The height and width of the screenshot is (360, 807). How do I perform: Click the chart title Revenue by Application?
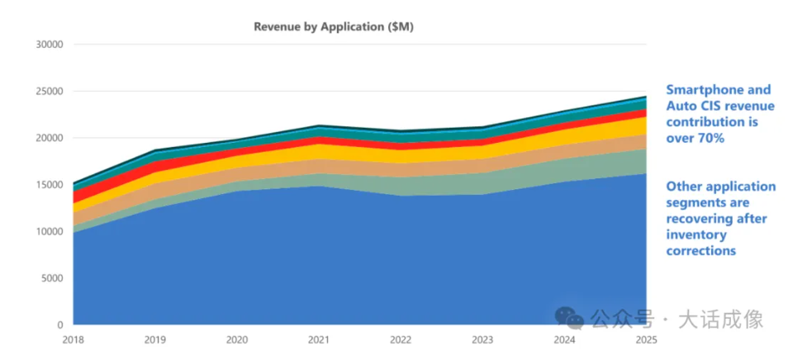tap(333, 26)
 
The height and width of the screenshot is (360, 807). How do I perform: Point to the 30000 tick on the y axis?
tap(49, 45)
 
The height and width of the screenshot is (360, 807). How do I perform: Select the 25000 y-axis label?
tap(49, 92)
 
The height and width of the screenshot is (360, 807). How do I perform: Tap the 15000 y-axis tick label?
tap(49, 185)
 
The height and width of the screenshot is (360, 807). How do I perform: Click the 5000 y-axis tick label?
tap(51, 278)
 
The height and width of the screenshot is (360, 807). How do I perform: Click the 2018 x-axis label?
tap(73, 339)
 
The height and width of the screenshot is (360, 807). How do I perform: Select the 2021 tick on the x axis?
tap(319, 339)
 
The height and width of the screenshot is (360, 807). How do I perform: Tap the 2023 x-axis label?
tap(482, 339)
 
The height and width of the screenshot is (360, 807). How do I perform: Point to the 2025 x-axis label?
tap(646, 339)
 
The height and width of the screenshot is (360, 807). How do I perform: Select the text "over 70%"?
tap(695, 139)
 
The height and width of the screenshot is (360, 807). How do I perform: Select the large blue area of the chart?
tap(330, 256)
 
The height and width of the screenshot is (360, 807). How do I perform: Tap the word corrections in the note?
tap(701, 250)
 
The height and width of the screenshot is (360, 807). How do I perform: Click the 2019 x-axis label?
tap(154, 339)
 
